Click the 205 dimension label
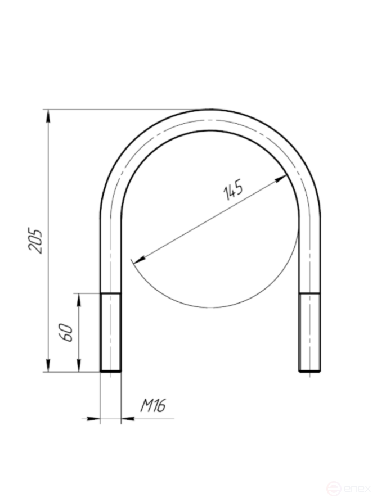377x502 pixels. [x=35, y=241]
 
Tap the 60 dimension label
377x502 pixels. [x=66, y=333]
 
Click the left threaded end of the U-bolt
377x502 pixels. [x=111, y=332]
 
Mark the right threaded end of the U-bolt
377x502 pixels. [x=310, y=332]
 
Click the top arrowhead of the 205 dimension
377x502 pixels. [x=48, y=116]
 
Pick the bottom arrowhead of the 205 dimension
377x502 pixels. [x=48, y=365]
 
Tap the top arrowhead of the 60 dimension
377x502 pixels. [x=79, y=300]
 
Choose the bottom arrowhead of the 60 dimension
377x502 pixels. [x=79, y=365]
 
